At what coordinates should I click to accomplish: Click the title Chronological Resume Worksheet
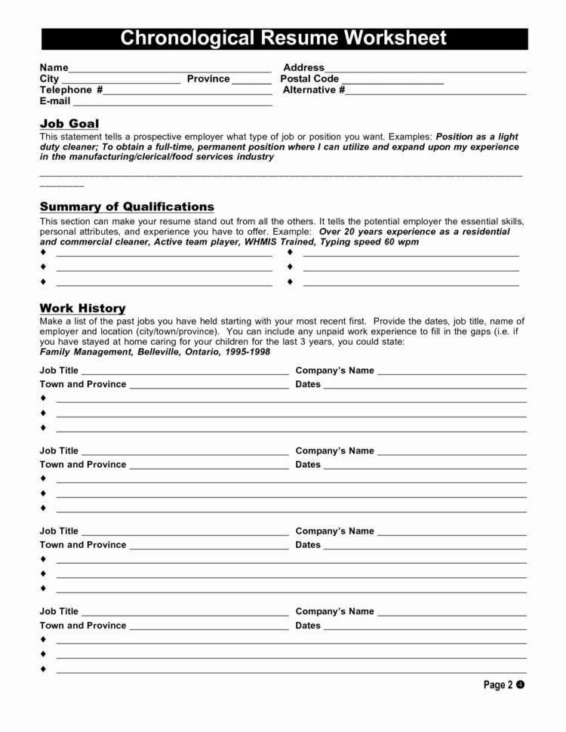(284, 38)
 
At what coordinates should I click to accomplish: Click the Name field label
(54, 68)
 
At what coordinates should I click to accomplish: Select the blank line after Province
(251, 80)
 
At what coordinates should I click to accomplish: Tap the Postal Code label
(309, 79)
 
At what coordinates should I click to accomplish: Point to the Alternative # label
(314, 91)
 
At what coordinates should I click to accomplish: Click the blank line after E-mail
(171, 102)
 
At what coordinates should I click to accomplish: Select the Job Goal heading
(69, 124)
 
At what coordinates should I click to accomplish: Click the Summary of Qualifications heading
(127, 207)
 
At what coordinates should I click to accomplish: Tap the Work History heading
(82, 308)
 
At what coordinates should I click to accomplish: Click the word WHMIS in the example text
(294, 243)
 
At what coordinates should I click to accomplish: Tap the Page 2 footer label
(498, 685)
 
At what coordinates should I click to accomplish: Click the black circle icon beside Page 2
(520, 684)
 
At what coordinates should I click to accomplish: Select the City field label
(49, 79)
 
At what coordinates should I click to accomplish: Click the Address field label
(303, 68)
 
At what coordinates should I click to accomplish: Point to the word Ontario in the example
(200, 352)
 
